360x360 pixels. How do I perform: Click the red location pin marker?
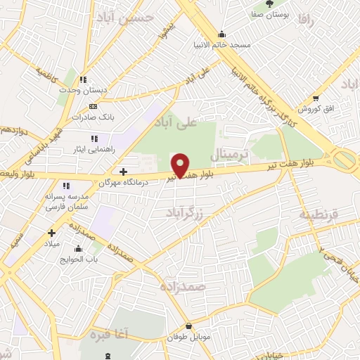[x=181, y=165]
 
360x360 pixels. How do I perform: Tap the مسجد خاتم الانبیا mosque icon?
[x=222, y=33]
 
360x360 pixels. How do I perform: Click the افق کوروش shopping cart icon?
[x=316, y=98]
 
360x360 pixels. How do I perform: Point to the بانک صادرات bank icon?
[x=93, y=106]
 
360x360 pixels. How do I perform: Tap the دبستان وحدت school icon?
[x=83, y=79]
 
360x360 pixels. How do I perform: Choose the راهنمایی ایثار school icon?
[x=94, y=138]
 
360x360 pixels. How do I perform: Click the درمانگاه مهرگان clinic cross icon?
[x=123, y=171]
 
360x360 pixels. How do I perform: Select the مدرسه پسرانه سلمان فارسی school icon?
[x=66, y=186]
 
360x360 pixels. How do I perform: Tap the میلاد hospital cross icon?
[x=51, y=233]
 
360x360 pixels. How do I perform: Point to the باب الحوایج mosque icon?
[x=77, y=248]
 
